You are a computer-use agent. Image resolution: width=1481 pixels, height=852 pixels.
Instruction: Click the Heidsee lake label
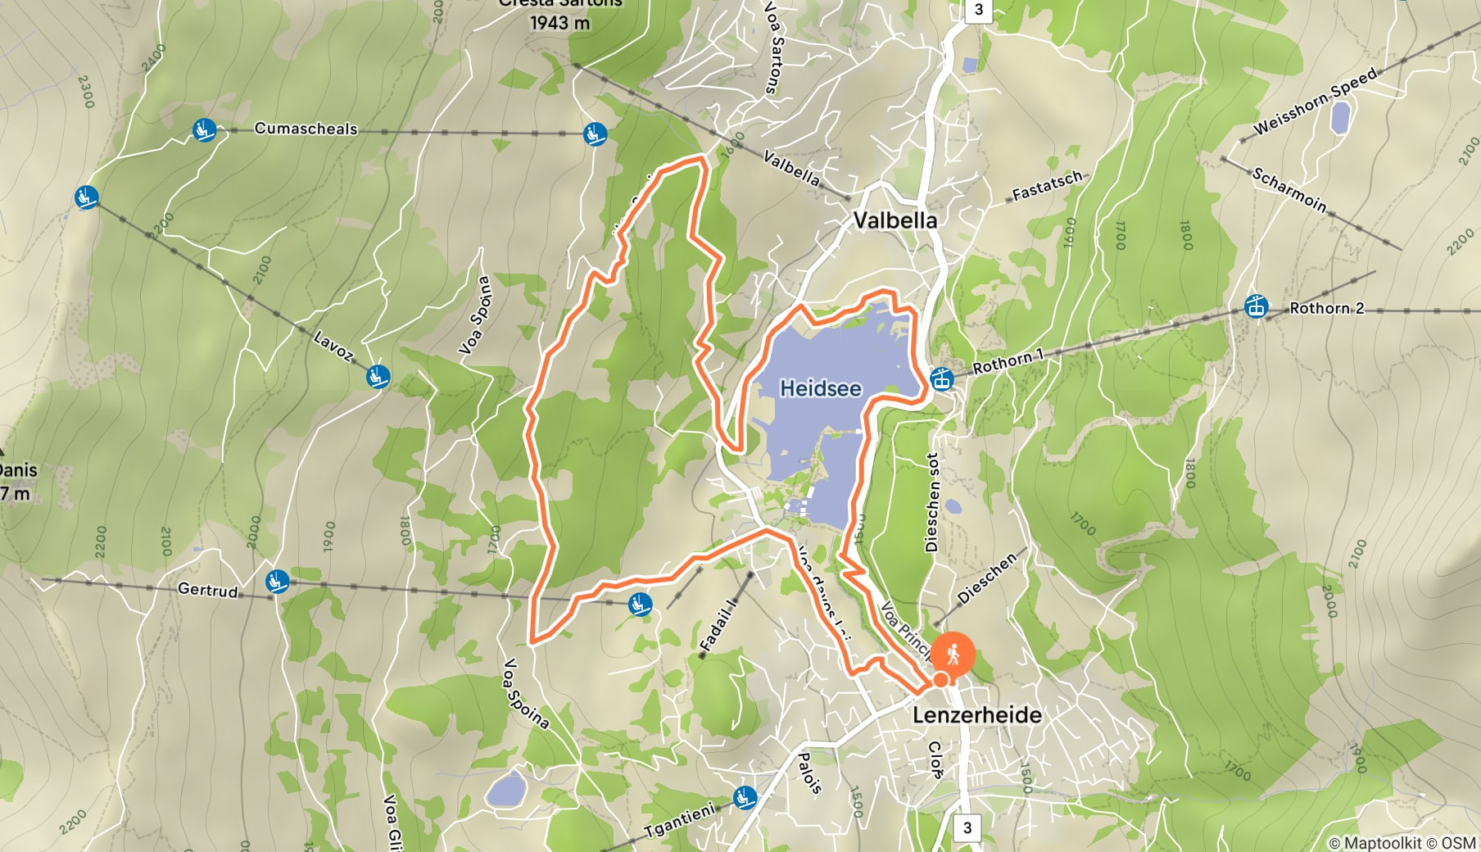tap(820, 388)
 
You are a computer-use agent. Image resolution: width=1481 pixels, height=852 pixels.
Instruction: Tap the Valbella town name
tap(894, 220)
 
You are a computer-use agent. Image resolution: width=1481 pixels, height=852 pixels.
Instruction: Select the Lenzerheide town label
tap(976, 715)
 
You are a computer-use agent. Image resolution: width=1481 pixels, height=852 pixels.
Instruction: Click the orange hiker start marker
tap(952, 655)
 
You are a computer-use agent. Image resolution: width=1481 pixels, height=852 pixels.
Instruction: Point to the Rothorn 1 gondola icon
tap(941, 379)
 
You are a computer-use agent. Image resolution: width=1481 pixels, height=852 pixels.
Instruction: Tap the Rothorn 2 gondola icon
tap(1255, 307)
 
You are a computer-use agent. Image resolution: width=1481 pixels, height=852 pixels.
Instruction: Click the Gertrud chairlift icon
tap(277, 582)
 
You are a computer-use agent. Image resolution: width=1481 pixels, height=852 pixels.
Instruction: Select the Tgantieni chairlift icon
tap(745, 796)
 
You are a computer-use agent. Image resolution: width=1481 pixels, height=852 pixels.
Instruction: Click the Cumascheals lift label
tap(306, 129)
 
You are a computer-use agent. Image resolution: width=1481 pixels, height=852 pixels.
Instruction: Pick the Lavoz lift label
tap(333, 347)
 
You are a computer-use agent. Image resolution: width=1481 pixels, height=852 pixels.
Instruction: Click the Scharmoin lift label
tap(1289, 190)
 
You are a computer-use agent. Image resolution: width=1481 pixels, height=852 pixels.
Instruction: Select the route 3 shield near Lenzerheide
tap(967, 827)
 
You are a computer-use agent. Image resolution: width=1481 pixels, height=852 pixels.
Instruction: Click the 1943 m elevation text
tap(559, 23)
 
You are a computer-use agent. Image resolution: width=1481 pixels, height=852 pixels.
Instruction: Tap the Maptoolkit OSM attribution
tap(1402, 842)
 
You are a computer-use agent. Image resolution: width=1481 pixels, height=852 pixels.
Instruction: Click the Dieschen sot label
tap(931, 501)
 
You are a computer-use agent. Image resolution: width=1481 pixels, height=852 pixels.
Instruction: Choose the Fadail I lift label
tap(718, 625)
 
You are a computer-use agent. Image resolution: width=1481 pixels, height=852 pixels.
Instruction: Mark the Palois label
tap(809, 773)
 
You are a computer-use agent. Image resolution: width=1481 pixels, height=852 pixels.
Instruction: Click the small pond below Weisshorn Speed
tap(1340, 119)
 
